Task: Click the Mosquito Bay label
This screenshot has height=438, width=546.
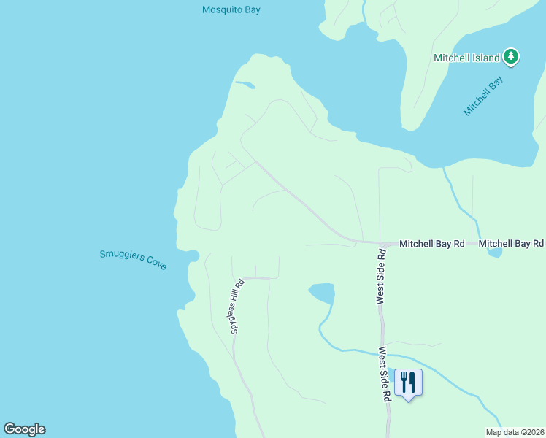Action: coord(231,10)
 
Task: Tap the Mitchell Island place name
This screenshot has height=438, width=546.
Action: coord(466,58)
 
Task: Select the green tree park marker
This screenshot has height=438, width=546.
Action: coord(511,56)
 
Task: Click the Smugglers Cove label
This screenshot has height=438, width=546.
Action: coord(133,259)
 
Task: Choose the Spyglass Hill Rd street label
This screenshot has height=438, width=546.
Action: coord(236,307)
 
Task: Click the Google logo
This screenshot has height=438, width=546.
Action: coord(24,429)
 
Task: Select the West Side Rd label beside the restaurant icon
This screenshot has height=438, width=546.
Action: coord(383,374)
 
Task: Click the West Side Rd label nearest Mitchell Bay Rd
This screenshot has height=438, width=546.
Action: coord(380,276)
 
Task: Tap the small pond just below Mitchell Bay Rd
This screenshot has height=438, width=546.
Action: coord(494,253)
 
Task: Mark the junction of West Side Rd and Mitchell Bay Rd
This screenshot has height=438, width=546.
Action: coord(380,243)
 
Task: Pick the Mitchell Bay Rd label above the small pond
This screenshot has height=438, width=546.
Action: coord(511,243)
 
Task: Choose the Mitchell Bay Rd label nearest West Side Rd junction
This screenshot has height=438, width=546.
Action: coord(432,243)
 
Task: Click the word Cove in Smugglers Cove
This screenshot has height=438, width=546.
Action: coord(155,264)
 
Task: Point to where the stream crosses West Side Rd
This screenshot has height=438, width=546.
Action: coord(382,353)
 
